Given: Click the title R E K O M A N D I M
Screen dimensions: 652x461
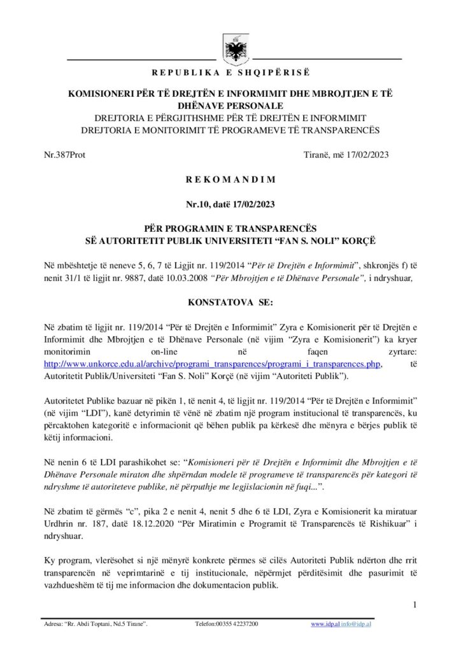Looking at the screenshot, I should coord(230,180).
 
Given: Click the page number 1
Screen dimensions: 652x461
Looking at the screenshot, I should coord(414,604).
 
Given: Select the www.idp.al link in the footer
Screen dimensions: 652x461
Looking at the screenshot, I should coord(324,625).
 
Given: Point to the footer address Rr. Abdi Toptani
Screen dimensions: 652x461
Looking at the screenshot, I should coord(96,625).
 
